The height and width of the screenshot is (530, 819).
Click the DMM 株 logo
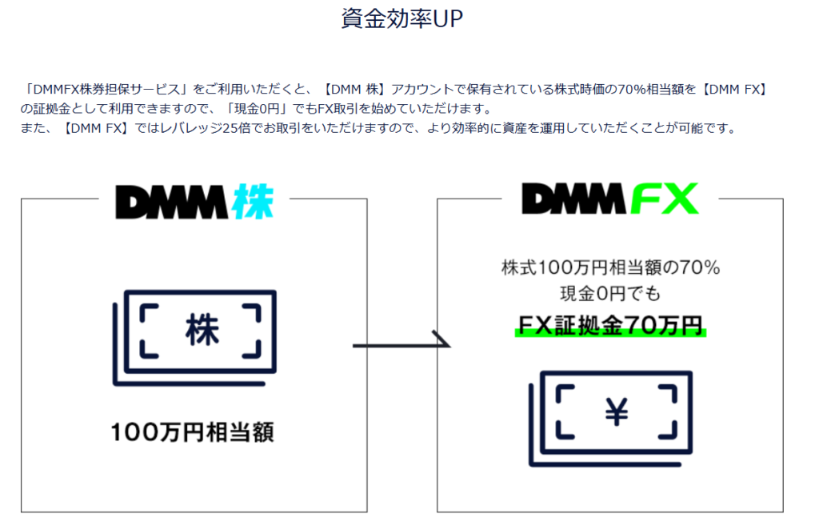194,203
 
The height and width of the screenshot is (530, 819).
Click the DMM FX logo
609,199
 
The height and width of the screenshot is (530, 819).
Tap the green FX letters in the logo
665,199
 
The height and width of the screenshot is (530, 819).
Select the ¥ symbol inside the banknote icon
617,414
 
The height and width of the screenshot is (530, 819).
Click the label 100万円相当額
193,433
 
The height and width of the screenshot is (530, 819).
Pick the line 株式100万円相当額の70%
610,268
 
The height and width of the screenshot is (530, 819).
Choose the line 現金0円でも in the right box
610,294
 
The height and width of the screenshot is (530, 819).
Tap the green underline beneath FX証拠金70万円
609,334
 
